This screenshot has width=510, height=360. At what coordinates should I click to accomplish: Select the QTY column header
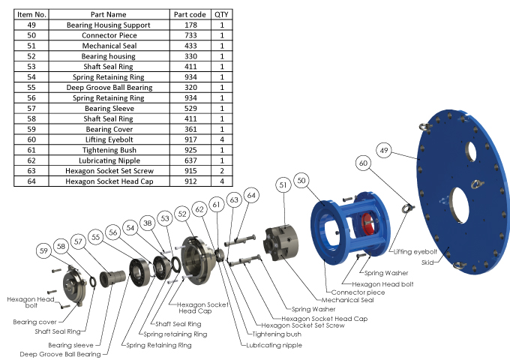(222, 14)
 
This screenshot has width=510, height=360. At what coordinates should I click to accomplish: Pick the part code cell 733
(190, 35)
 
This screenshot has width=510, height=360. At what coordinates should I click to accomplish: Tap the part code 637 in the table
(190, 160)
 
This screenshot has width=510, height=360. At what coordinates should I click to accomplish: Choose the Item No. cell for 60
(31, 139)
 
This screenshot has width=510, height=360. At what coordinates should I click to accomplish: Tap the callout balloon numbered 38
(147, 223)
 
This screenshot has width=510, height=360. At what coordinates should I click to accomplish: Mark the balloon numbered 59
(45, 250)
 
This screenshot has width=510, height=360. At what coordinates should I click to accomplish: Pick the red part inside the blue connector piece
(367, 228)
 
